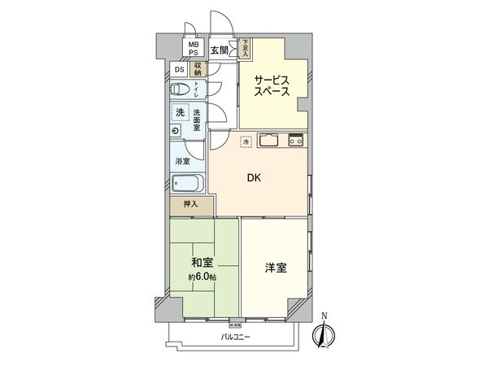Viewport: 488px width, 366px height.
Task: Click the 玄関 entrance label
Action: click(220, 50)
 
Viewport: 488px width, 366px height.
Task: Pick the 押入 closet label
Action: click(190, 206)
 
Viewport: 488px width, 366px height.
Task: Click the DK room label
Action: click(254, 180)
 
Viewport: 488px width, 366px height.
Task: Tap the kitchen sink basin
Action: click(269, 140)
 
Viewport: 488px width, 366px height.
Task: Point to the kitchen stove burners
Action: click(295, 140)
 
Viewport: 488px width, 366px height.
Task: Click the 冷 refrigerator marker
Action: click(246, 143)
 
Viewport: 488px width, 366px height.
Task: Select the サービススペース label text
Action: click(271, 85)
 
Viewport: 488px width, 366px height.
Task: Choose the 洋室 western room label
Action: click(275, 267)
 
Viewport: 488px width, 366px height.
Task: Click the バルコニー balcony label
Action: click(236, 337)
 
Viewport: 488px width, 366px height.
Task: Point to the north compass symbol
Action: click(325, 333)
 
